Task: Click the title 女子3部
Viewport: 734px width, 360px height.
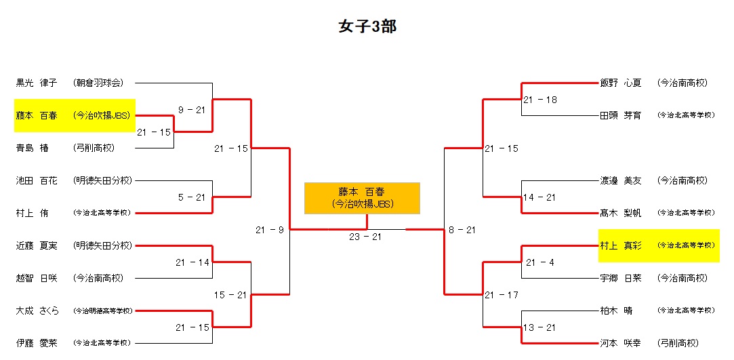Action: (367, 27)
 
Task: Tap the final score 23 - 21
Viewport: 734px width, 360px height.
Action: (367, 237)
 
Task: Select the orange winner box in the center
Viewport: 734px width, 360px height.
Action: (362, 198)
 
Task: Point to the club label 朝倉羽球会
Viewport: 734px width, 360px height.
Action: (98, 83)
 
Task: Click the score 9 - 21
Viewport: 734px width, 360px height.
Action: (191, 110)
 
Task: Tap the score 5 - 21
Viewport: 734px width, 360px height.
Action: (191, 197)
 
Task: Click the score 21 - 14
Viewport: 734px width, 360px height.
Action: (191, 262)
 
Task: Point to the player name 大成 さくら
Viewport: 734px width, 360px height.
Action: (38, 311)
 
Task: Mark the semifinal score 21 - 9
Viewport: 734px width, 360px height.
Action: (270, 230)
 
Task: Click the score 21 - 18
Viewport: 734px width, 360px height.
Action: (540, 100)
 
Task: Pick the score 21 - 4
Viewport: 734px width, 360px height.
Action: (540, 262)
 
